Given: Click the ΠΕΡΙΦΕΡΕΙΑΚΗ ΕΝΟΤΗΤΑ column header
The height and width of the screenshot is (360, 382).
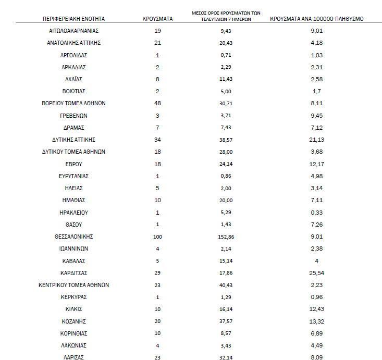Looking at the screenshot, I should [x=73, y=19].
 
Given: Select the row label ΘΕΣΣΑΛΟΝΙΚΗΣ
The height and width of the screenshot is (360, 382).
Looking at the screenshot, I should [x=73, y=237].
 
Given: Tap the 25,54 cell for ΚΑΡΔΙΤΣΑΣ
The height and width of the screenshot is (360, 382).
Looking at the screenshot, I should [x=317, y=273].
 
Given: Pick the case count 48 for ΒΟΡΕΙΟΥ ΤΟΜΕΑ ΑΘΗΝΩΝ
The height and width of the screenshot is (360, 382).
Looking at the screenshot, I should [x=157, y=103].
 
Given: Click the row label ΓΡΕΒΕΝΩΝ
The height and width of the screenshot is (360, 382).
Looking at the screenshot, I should [x=73, y=116].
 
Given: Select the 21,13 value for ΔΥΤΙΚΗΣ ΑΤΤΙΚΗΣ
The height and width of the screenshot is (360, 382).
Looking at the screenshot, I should [x=317, y=140].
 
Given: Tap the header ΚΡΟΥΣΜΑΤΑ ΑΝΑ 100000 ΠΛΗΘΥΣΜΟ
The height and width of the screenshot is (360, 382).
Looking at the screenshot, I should [x=317, y=19].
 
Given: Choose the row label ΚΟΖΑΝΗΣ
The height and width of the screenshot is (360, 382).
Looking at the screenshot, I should [x=73, y=321].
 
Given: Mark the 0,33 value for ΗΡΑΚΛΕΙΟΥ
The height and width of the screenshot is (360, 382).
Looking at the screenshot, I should [x=317, y=213].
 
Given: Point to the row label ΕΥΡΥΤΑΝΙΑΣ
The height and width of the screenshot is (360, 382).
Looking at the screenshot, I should [x=73, y=176].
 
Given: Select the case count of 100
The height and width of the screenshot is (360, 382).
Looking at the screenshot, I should [x=157, y=237].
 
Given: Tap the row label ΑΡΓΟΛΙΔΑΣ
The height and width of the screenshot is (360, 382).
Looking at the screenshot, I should [x=73, y=55].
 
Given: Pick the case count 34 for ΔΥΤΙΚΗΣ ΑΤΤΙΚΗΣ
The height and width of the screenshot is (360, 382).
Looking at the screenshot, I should [x=157, y=140].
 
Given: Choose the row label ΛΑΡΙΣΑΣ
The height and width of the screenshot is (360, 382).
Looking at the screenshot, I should [x=73, y=357].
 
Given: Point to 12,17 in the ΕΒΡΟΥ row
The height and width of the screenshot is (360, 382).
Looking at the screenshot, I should [x=317, y=164].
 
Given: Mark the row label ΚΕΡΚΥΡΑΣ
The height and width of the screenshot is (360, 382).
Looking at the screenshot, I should [x=73, y=297].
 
